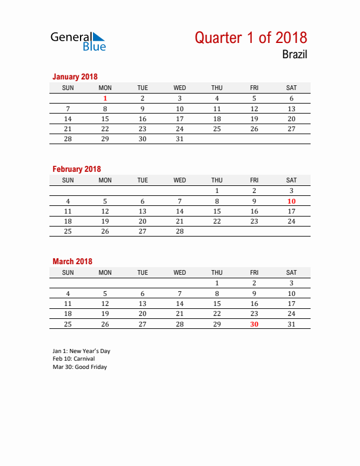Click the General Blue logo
click(78, 41)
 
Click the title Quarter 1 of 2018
click(251, 38)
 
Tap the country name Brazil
click(294, 55)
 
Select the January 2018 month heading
click(75, 76)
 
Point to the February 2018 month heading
click(76, 169)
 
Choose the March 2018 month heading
click(72, 261)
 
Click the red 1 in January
click(105, 98)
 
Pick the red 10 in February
click(291, 201)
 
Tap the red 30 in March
click(254, 324)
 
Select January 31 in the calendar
click(180, 139)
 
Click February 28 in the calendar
click(180, 231)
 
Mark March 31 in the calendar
click(291, 324)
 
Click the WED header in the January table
click(180, 88)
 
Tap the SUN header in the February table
click(68, 180)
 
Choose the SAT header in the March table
click(291, 272)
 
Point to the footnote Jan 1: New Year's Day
click(81, 351)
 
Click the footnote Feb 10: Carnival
click(74, 358)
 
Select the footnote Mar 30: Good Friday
click(79, 367)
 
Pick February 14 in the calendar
click(180, 211)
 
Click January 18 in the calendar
click(217, 118)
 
